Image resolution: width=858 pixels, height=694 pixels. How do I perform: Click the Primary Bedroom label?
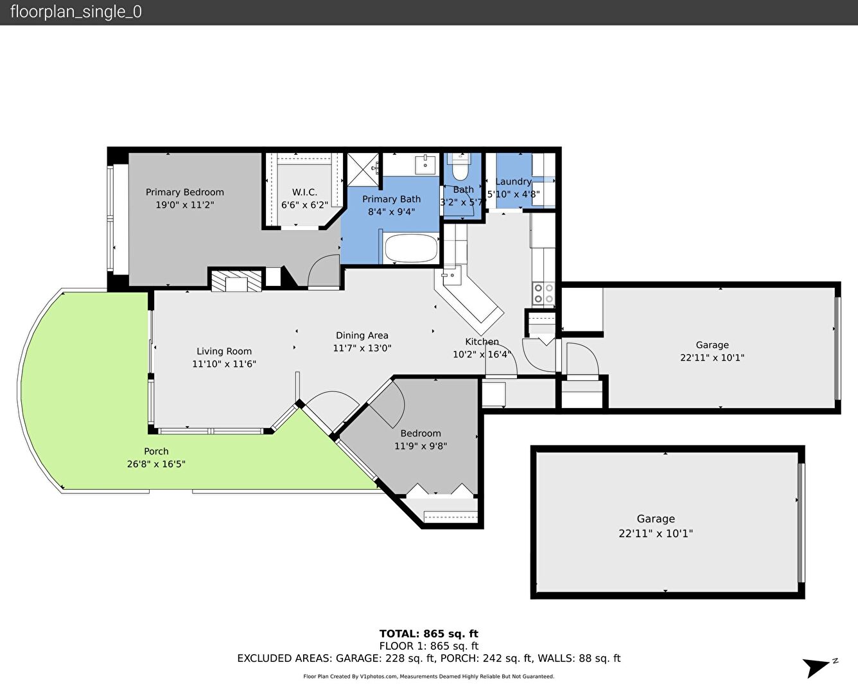(184, 192)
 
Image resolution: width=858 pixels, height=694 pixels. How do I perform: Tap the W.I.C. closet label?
(304, 192)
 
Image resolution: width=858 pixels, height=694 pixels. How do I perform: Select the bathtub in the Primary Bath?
(411, 248)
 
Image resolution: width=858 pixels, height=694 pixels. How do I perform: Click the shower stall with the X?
(363, 170)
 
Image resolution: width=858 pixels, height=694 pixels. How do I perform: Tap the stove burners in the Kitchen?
(544, 294)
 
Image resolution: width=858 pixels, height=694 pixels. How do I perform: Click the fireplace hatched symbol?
(236, 281)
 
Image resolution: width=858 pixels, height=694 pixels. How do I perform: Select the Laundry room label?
(513, 182)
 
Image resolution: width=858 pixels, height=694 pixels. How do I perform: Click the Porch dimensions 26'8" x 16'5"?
(156, 464)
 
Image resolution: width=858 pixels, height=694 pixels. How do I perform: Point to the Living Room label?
(224, 351)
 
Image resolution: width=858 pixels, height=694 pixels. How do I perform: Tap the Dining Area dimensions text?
(362, 348)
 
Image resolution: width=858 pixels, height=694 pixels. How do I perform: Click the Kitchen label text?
(482, 342)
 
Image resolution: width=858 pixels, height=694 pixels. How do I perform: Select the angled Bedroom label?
(421, 433)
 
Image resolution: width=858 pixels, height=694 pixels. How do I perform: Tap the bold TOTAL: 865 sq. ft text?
(428, 634)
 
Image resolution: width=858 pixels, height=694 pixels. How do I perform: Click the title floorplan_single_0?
(76, 12)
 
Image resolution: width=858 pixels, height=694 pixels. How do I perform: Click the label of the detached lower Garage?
(656, 519)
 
